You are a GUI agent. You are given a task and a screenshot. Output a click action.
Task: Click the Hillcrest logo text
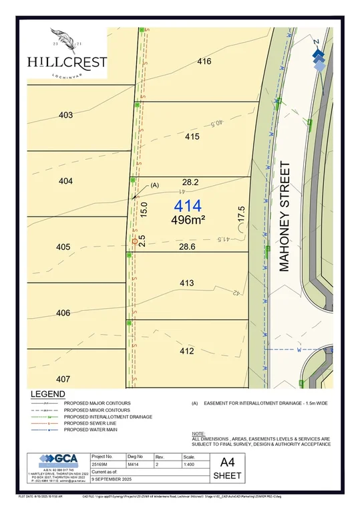67,61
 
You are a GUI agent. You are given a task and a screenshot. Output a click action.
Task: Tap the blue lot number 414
188,206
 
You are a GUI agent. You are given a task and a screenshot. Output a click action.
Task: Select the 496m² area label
188,219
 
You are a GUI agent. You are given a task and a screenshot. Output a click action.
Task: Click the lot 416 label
204,61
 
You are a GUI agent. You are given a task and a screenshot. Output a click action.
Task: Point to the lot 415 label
192,136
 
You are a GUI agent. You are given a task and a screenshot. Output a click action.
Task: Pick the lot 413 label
186,283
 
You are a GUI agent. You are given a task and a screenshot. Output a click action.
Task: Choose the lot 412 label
186,351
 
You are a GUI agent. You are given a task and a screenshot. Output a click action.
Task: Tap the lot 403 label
65,115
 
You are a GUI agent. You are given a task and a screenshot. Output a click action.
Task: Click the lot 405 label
63,247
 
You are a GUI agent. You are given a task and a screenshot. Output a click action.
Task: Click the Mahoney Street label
285,215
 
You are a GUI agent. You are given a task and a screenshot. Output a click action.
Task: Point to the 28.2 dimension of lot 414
190,182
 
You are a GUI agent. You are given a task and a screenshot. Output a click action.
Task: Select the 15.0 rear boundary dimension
144,208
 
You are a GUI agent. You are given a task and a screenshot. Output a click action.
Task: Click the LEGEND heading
47,394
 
